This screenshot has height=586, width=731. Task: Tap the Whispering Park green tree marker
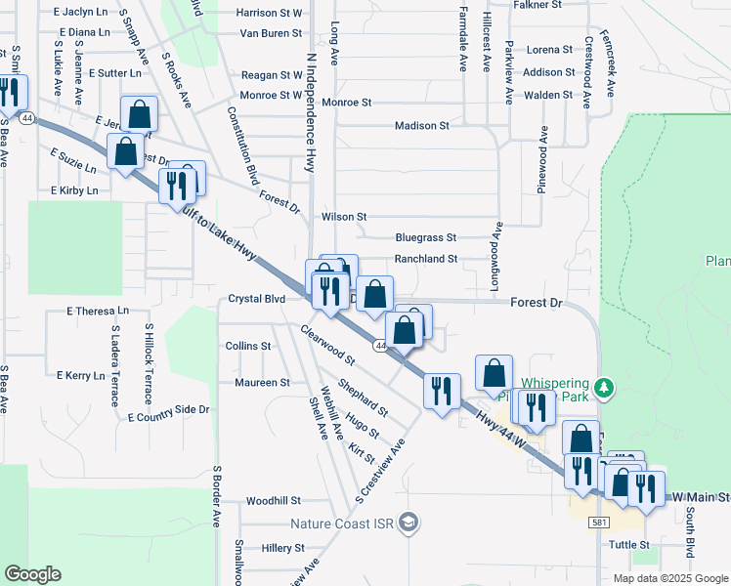[x=604, y=387]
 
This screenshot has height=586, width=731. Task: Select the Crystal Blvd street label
[x=256, y=299]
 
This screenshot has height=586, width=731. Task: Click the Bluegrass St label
[x=426, y=237]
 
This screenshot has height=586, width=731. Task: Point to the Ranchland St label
[x=426, y=259]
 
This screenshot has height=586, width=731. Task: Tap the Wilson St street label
[x=343, y=217]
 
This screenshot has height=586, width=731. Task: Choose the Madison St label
[x=421, y=126]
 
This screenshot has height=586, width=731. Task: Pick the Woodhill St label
[x=274, y=500]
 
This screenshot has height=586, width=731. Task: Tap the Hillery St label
[x=284, y=549]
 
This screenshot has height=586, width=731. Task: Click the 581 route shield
[x=600, y=523]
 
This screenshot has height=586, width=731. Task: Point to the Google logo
[x=32, y=574]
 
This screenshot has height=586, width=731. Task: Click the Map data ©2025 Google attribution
[x=669, y=578]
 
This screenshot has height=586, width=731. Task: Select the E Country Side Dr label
[x=168, y=414]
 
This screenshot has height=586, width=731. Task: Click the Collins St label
[x=248, y=346]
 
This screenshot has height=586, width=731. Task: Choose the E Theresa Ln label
[x=98, y=312]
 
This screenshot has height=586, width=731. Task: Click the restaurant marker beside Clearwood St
[x=328, y=290]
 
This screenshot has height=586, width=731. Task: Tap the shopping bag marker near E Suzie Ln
[x=126, y=152]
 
